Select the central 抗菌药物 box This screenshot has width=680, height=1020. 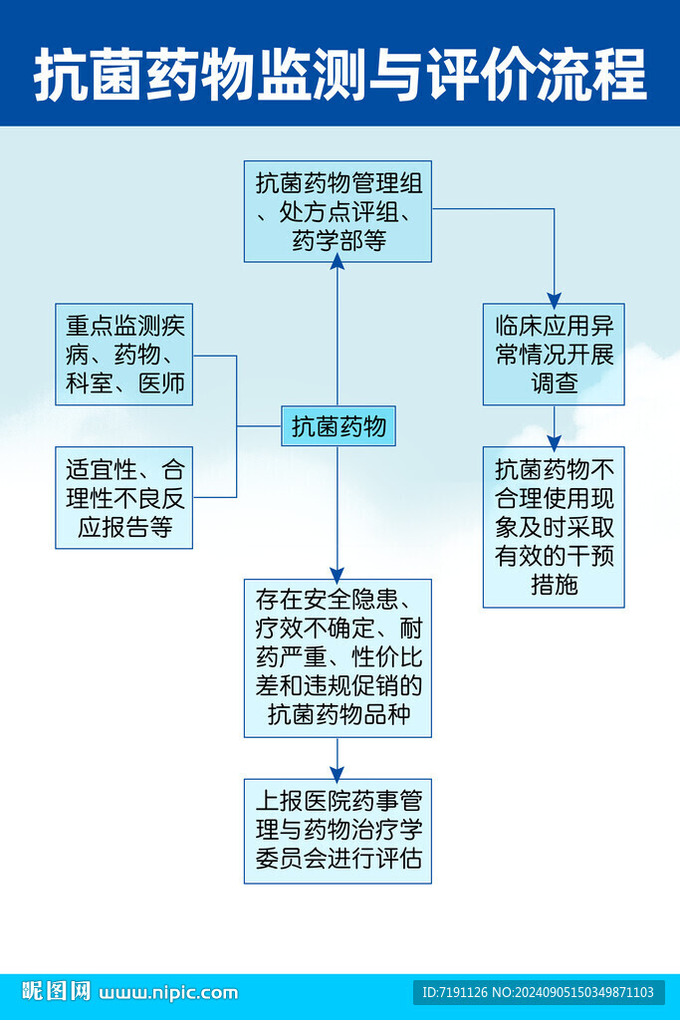click(x=339, y=426)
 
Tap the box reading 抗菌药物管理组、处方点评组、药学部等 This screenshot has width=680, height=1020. click(x=338, y=211)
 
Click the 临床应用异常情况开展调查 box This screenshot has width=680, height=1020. click(x=554, y=355)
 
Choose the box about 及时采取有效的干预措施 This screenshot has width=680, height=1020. click(x=554, y=527)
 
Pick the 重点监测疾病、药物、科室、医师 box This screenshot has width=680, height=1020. click(x=124, y=355)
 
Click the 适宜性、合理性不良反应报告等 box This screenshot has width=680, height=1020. click(x=124, y=497)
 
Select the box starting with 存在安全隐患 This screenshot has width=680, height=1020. click(x=338, y=657)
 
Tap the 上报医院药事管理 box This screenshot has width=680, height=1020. click(x=338, y=831)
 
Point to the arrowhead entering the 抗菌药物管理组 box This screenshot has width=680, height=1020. click(x=338, y=262)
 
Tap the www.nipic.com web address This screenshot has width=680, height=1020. click(x=169, y=992)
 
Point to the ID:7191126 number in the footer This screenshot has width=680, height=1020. click(x=455, y=992)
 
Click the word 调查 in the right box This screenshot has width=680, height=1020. click(x=554, y=382)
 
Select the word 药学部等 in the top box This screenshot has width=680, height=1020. click(x=339, y=240)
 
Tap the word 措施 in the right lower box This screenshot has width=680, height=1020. click(x=554, y=585)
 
